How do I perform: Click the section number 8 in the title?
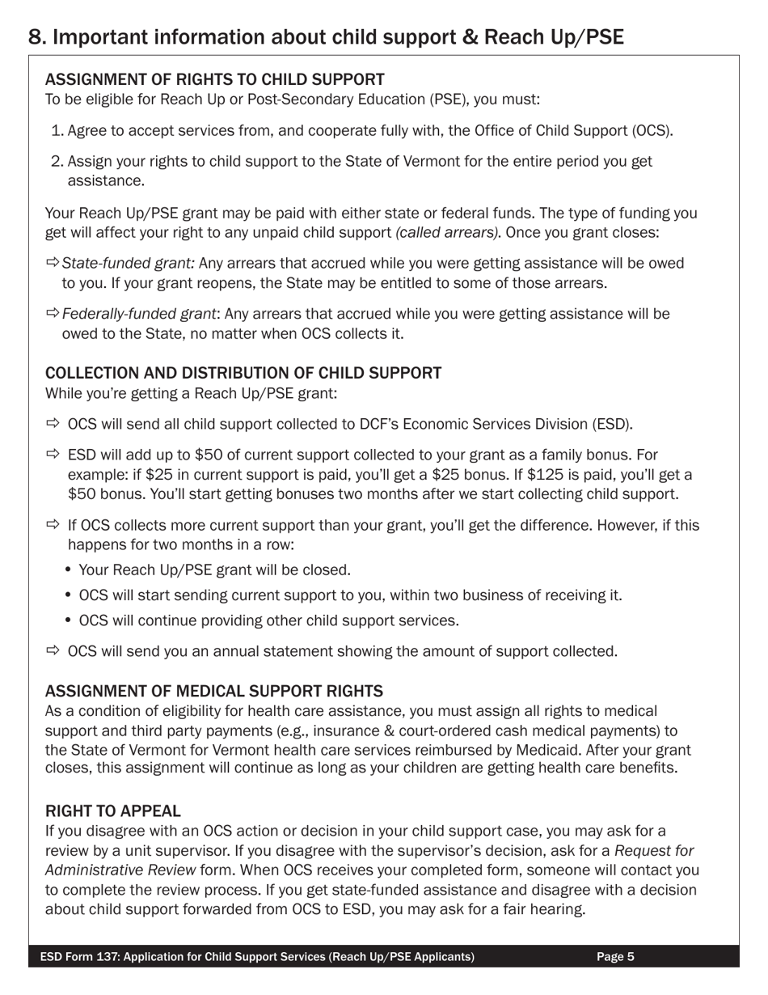pyautogui.click(x=35, y=37)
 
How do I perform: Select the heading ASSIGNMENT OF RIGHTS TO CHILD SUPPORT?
pyautogui.click(x=214, y=79)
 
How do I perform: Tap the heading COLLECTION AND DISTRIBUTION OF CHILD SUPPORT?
pyautogui.click(x=243, y=373)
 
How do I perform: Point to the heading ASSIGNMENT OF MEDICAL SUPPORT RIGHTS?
pyautogui.click(x=213, y=691)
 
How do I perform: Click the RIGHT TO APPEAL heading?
pyautogui.click(x=112, y=811)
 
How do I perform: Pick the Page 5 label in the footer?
pyautogui.click(x=615, y=957)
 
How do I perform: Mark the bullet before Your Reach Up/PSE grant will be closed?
pyautogui.click(x=69, y=570)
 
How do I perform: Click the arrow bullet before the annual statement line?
pyautogui.click(x=53, y=651)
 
